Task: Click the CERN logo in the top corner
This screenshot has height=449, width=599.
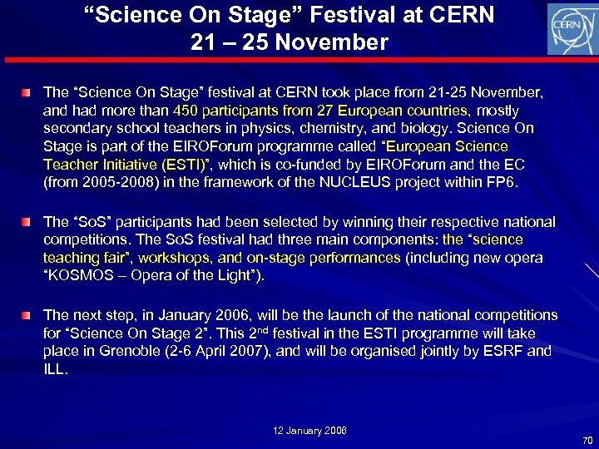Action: pos(571,28)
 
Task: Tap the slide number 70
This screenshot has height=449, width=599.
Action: pos(588,440)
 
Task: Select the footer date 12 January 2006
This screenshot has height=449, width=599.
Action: pos(310,430)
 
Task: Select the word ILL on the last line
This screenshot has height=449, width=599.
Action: pos(54,368)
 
